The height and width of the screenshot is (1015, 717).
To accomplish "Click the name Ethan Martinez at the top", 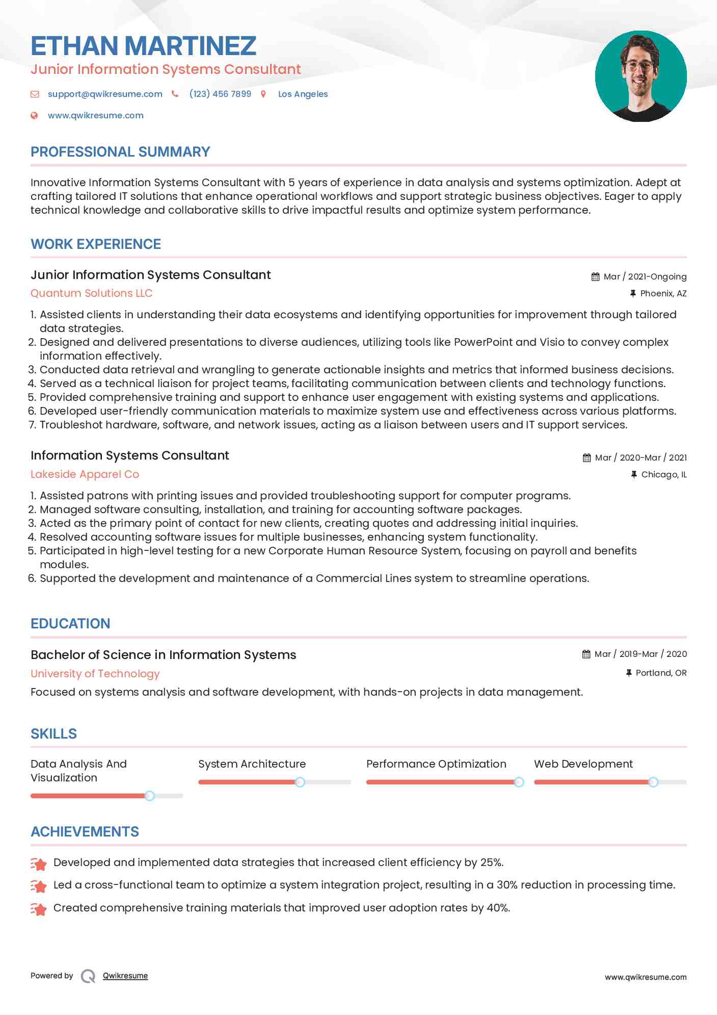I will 143,46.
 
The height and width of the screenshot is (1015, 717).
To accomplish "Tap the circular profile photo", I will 641,77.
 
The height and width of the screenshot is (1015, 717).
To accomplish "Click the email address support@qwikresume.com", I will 105,94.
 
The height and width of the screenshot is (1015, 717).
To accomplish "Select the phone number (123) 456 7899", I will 220,94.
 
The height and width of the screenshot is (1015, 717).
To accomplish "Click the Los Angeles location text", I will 303,94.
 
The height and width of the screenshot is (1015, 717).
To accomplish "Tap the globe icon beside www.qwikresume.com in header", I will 35,115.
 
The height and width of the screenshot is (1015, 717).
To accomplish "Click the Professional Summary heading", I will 120,152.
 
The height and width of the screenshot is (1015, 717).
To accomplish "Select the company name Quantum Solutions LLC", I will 91,293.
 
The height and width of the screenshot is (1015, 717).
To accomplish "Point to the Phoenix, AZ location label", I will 663,293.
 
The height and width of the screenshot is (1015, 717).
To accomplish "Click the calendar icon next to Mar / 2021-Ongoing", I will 595,276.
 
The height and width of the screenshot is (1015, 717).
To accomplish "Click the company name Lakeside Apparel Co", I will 85,474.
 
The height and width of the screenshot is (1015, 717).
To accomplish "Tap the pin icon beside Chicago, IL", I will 633,474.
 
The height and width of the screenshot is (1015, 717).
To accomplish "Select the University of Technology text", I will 95,674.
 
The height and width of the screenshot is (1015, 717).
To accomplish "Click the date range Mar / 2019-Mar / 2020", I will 641,654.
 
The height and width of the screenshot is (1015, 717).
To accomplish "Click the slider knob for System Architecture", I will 300,782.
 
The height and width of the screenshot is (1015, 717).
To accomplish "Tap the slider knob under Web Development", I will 653,782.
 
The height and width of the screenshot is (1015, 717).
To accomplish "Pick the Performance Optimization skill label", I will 436,764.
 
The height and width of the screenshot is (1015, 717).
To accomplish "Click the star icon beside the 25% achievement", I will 39,863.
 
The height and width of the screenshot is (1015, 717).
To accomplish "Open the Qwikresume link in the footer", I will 125,976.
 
